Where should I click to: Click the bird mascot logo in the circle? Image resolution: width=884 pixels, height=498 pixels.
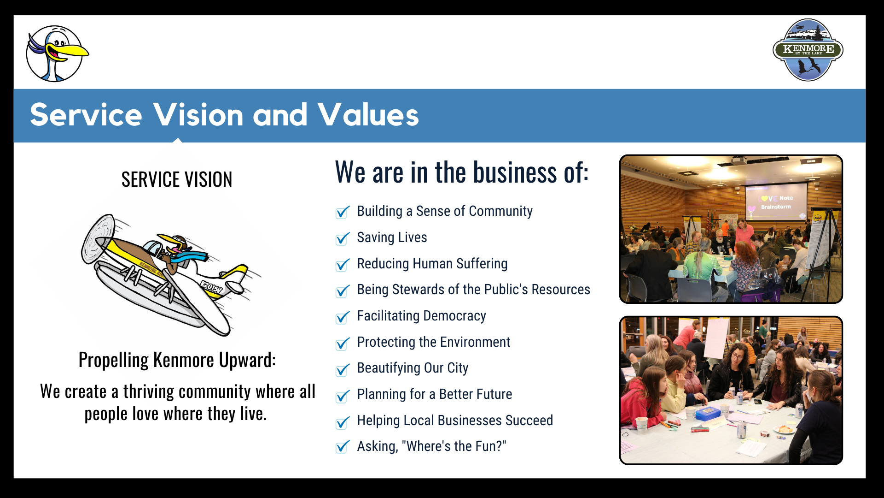[x=56, y=53]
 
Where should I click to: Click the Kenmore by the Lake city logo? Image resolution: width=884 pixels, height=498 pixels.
[x=808, y=50]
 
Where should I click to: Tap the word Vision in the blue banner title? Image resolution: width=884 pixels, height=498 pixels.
[x=198, y=115]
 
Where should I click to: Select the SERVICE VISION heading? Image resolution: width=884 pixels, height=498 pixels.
[x=177, y=179]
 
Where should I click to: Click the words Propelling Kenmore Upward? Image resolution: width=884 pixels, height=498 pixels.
[x=177, y=360]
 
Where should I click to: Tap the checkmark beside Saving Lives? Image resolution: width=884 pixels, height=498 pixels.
[x=343, y=238]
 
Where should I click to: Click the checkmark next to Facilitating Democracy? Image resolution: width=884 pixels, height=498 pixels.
[x=343, y=317]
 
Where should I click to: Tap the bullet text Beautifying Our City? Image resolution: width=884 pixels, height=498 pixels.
[x=413, y=368]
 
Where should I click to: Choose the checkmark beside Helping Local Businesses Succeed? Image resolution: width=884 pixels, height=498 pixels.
[x=343, y=422]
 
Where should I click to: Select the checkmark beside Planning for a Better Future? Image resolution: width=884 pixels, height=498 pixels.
[x=343, y=396]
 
